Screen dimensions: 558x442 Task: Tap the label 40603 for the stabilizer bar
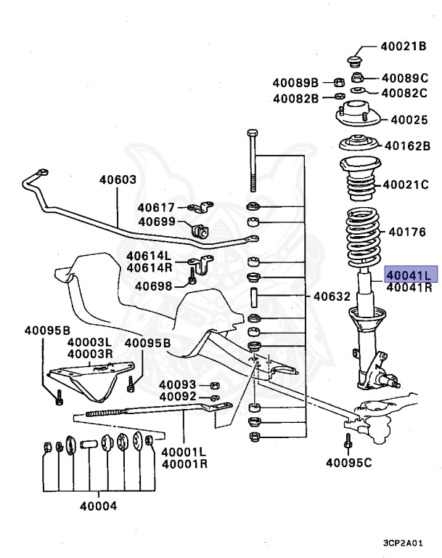[x=118, y=179]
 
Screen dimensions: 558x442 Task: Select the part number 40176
[x=407, y=232]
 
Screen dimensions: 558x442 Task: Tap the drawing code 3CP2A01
[x=409, y=543]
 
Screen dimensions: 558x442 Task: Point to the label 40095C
[x=348, y=461]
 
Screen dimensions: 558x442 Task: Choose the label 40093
[x=178, y=384]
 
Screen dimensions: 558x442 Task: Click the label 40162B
[x=408, y=145]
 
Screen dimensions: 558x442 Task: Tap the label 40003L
[x=90, y=342]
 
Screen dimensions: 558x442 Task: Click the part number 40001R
[x=184, y=464]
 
